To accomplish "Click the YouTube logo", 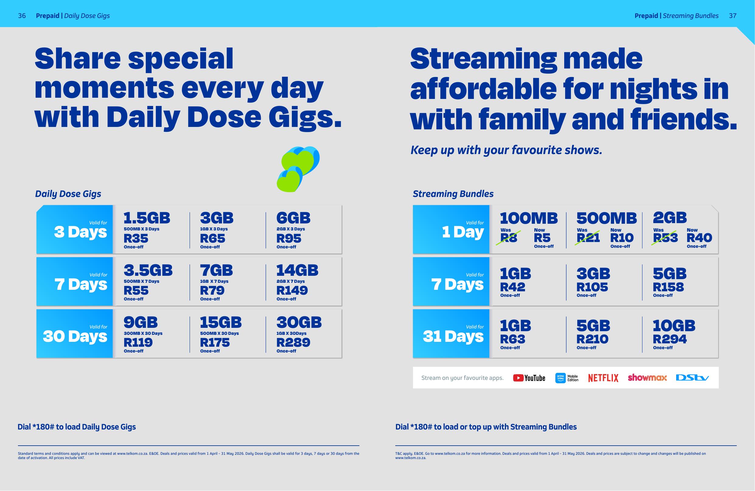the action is (x=529, y=378).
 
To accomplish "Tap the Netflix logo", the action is (x=603, y=378).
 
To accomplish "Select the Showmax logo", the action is (x=647, y=377).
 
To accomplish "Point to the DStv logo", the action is (x=692, y=378).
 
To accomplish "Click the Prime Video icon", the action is (x=561, y=378).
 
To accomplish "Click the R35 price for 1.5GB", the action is (x=136, y=238).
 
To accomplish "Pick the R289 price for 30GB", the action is (x=293, y=342).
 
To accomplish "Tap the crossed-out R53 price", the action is (x=665, y=238).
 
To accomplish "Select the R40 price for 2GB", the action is (x=700, y=238).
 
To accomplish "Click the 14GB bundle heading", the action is (x=297, y=270).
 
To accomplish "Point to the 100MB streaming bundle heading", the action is (x=529, y=218).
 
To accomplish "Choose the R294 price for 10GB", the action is (x=670, y=339).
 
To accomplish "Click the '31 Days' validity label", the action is (x=453, y=336).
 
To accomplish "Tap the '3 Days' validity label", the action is (x=81, y=232).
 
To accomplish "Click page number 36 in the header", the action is (x=22, y=16).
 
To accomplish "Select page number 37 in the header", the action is (x=732, y=16).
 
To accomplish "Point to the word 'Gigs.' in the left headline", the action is (x=305, y=118).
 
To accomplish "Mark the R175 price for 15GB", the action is (x=215, y=342).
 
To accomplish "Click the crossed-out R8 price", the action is (x=509, y=238).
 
